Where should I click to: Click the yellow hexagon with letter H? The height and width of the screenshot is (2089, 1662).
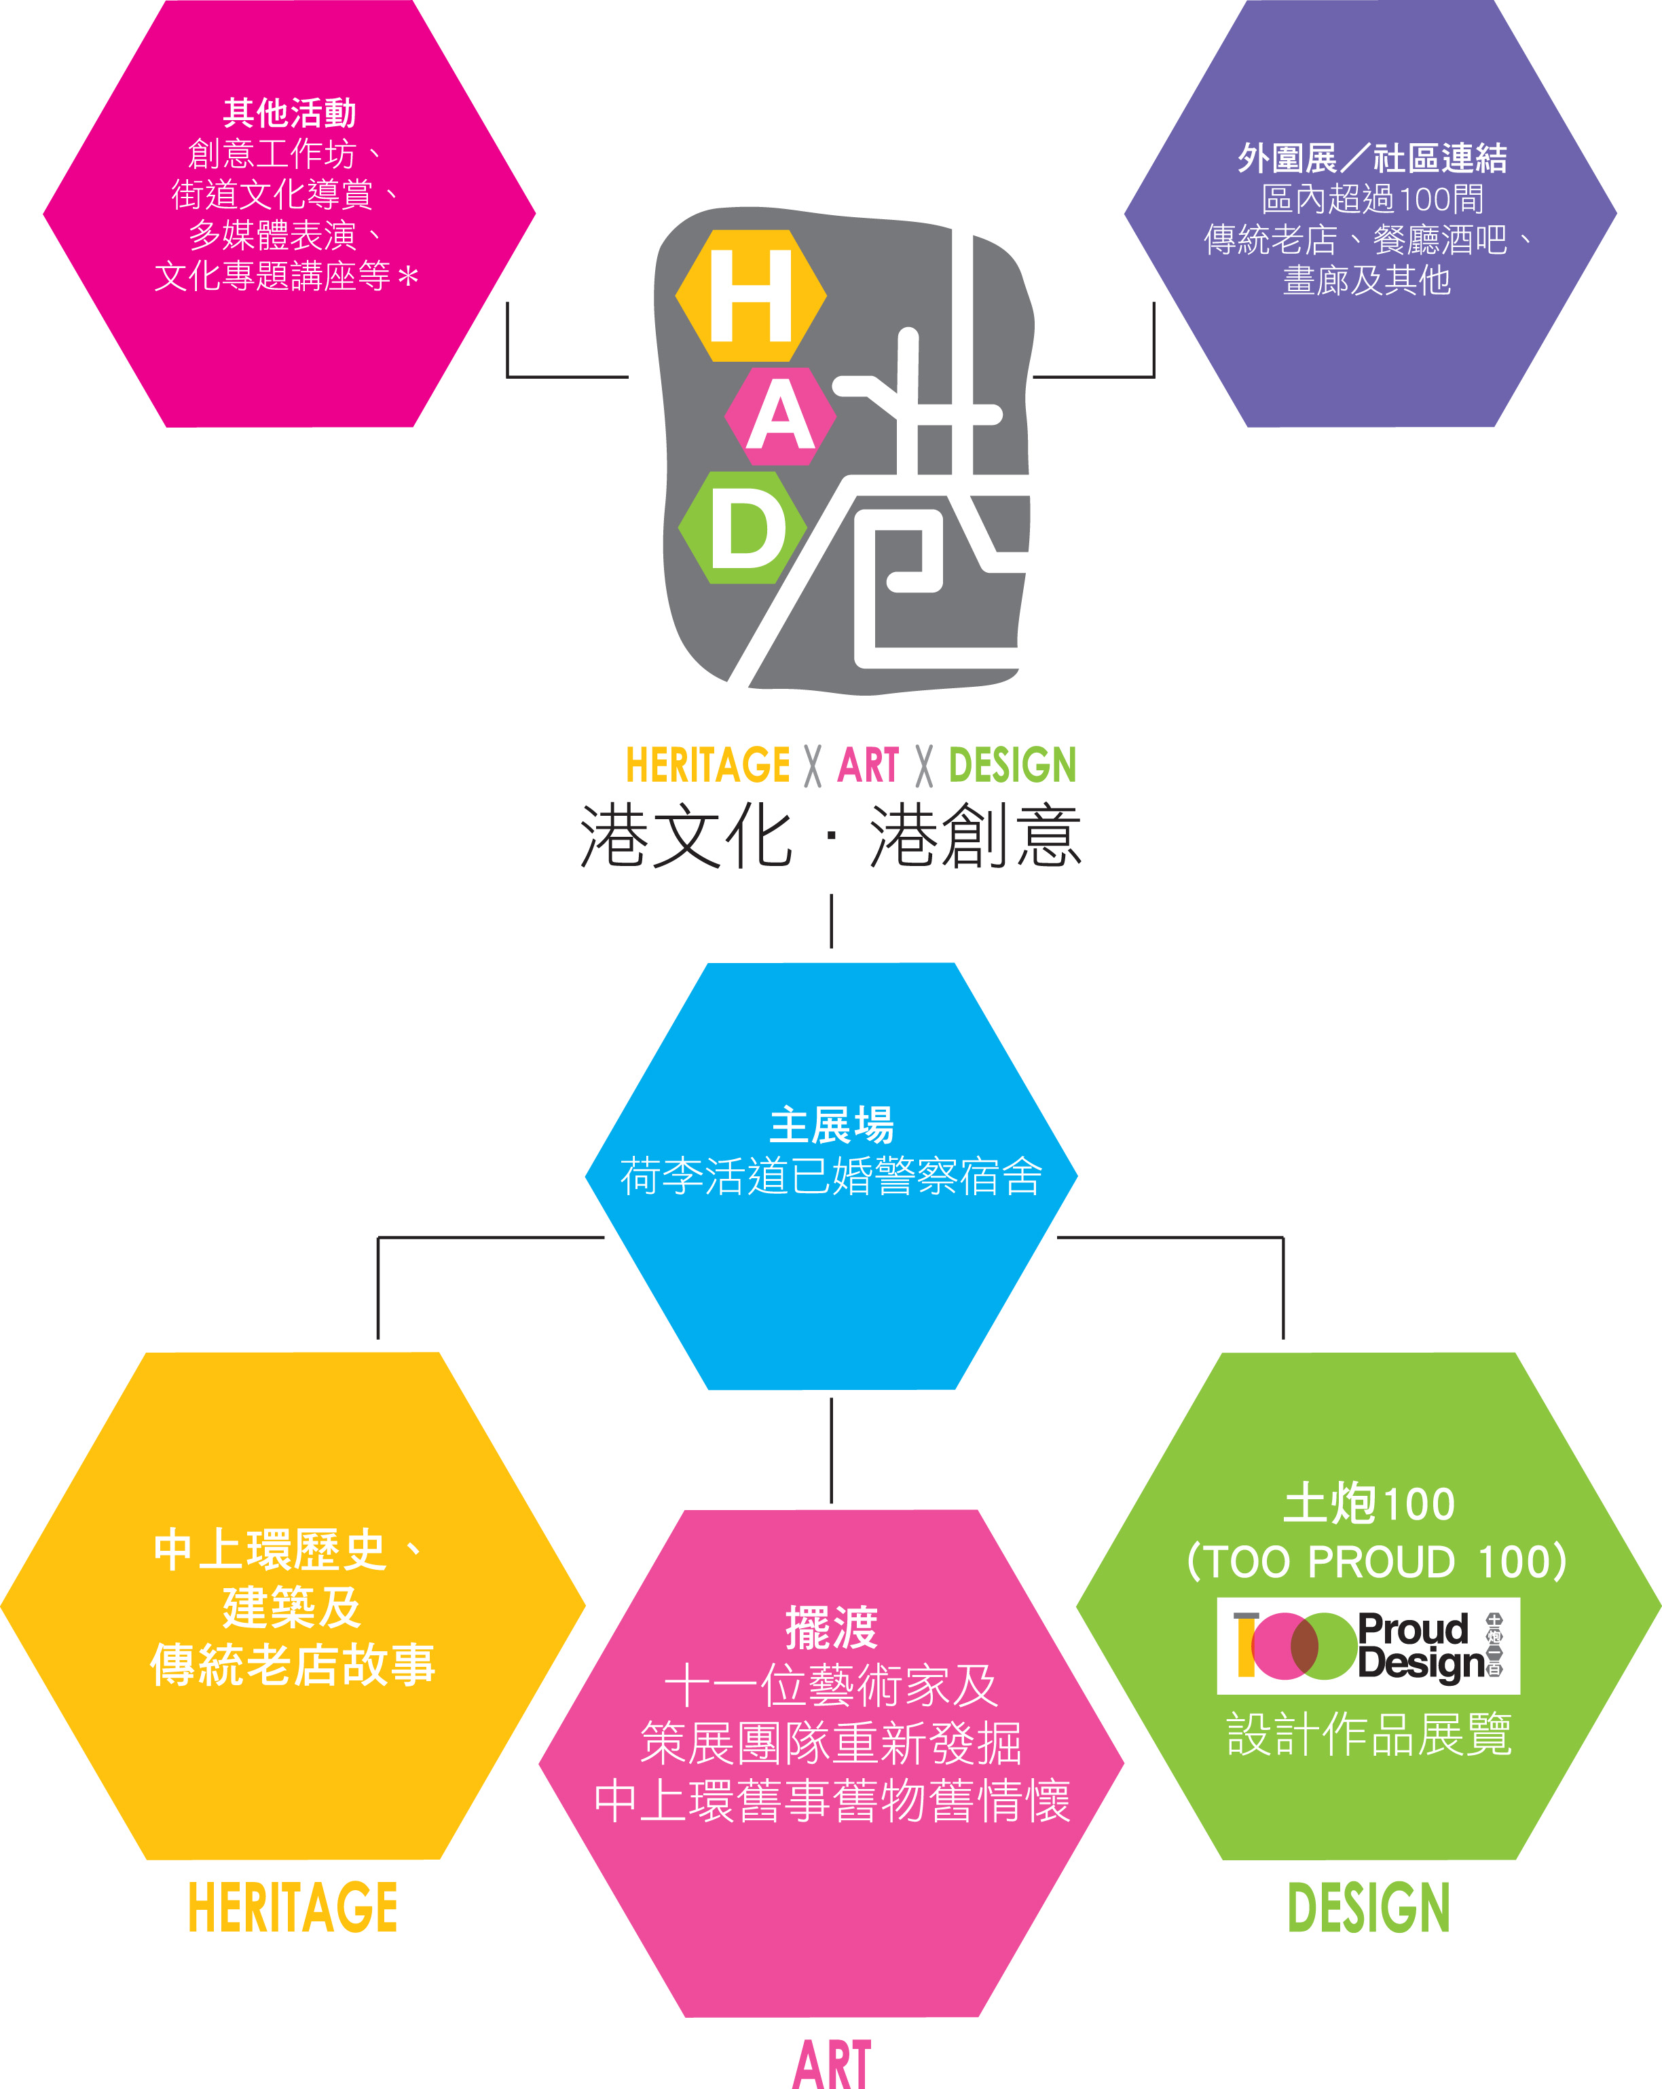[751, 295]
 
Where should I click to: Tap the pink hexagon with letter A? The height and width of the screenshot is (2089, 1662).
[780, 417]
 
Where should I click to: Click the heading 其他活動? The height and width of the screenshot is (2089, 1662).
[290, 113]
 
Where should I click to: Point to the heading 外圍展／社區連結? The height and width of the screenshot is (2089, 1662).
[1371, 158]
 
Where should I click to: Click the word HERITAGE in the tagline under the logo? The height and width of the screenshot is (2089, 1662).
[707, 766]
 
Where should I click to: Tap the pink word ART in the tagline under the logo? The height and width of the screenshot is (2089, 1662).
[868, 766]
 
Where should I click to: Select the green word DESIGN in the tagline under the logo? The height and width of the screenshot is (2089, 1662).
[1013, 766]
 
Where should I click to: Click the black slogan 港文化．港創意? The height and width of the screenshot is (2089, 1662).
[830, 836]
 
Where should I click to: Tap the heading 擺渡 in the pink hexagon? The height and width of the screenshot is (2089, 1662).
[832, 1627]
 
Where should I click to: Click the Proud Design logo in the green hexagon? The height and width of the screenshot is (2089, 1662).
[1368, 1646]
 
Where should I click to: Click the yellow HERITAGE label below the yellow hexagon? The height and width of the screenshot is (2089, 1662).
[293, 1908]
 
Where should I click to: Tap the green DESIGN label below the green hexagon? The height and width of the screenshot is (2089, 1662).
[1368, 1908]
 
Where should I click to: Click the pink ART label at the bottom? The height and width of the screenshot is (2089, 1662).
[832, 2064]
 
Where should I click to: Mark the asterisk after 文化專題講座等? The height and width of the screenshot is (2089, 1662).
[408, 277]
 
